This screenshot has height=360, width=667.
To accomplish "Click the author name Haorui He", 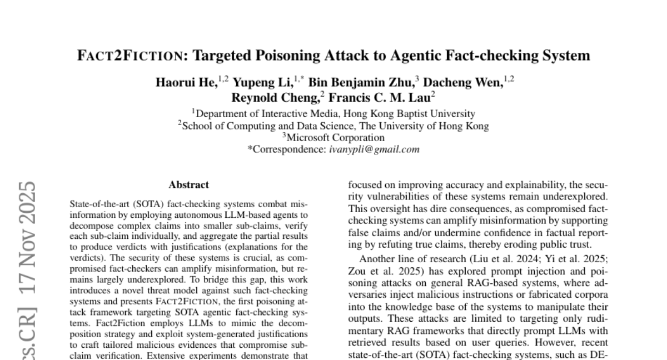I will (186, 83).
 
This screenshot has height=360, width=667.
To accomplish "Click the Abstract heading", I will (188, 184).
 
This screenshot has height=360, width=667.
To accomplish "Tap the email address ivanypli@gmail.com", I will (374, 149).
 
